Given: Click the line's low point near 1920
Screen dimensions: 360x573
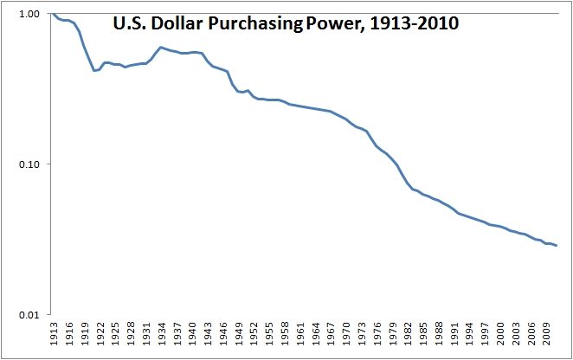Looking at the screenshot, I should coord(94,70).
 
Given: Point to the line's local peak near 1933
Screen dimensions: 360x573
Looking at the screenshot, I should coord(161,48).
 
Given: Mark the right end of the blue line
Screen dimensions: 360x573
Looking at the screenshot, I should coord(557,246).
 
